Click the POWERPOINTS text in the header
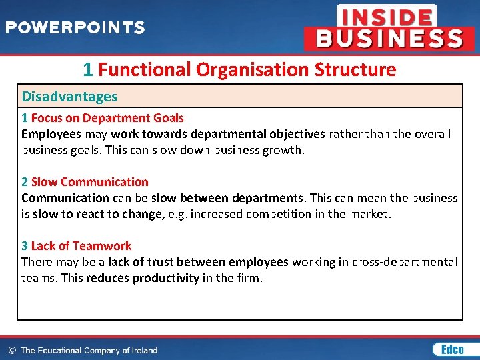(75, 28)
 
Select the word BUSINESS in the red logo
(389, 39)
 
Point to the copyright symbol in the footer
(11, 350)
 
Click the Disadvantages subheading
(69, 97)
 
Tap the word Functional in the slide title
(145, 69)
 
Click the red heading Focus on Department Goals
(107, 118)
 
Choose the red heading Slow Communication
(90, 182)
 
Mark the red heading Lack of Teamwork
(81, 246)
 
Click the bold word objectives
(293, 134)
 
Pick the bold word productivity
(165, 278)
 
